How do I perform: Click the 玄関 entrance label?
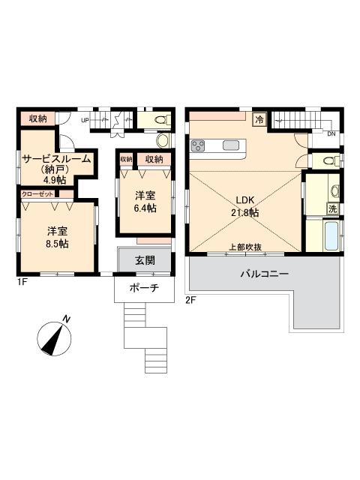coord(145,261)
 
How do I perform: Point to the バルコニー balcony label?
coord(265,275)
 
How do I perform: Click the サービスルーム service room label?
coord(56,159)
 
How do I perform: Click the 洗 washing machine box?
coord(331,208)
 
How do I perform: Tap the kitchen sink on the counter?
coord(231,145)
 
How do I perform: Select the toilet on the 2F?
coord(326,160)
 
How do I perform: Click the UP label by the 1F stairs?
coord(85,120)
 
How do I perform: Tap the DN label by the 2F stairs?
coord(331,134)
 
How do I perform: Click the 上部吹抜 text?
coord(244,247)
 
